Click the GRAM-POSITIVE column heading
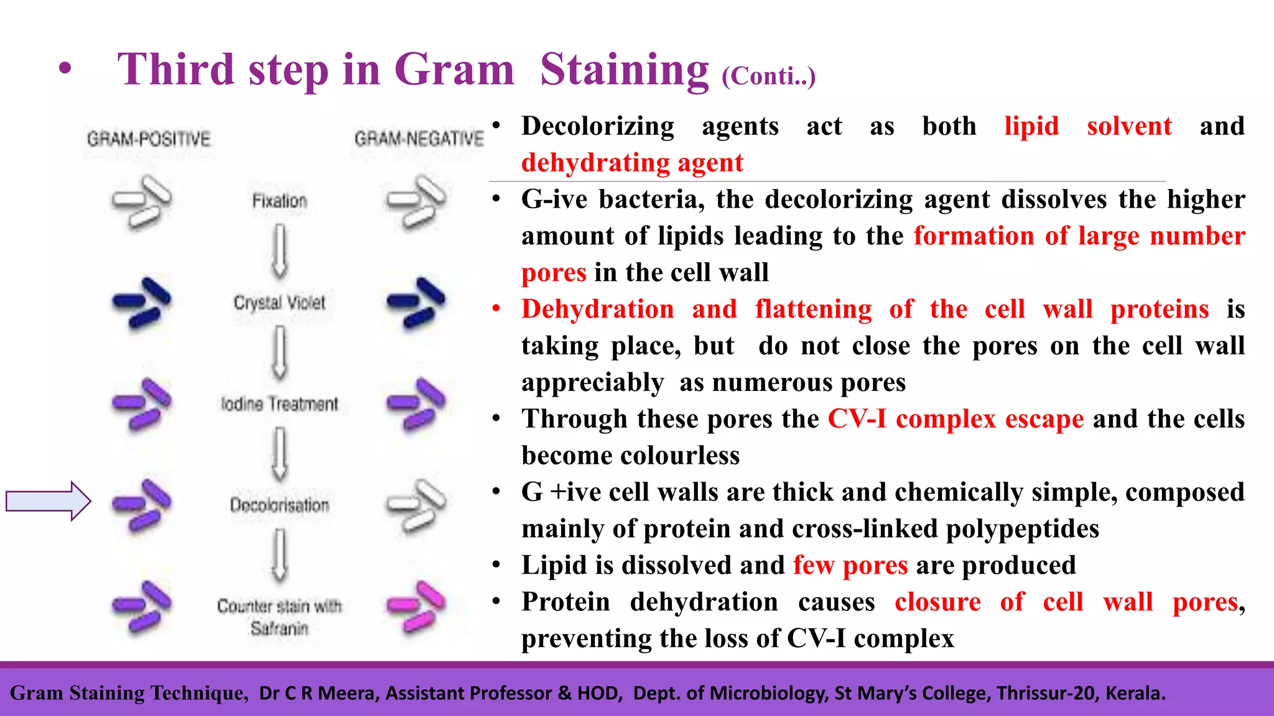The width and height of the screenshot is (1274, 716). [x=149, y=139]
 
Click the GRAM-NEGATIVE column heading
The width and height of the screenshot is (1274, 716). [x=419, y=139]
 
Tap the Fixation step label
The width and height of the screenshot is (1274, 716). [x=279, y=201]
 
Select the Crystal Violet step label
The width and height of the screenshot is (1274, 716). [x=279, y=303]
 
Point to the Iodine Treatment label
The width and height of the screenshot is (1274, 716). [x=279, y=404]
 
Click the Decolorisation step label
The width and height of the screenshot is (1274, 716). [x=279, y=505]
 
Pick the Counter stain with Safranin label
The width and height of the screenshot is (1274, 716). [x=279, y=617]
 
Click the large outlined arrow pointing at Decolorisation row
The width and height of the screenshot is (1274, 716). [x=49, y=501]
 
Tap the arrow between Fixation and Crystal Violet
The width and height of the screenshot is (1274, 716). [x=280, y=251]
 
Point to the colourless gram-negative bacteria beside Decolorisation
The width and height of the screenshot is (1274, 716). [x=416, y=505]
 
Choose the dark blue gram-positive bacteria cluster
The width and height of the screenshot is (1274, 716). [x=142, y=302]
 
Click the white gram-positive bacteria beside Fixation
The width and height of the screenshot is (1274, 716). [x=142, y=201]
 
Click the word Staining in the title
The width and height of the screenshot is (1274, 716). [x=624, y=70]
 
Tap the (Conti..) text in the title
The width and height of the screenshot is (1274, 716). [x=768, y=76]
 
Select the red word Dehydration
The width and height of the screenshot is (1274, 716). [x=597, y=309]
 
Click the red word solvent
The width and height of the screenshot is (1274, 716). [x=1129, y=126]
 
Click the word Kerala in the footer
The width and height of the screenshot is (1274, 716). [x=1135, y=693]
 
